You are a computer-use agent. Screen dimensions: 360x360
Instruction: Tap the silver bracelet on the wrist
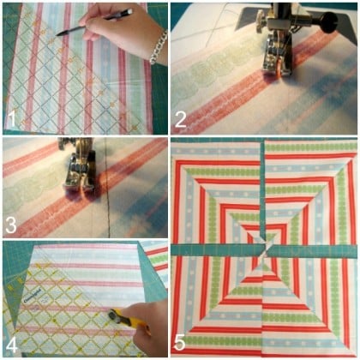point(159,46)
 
